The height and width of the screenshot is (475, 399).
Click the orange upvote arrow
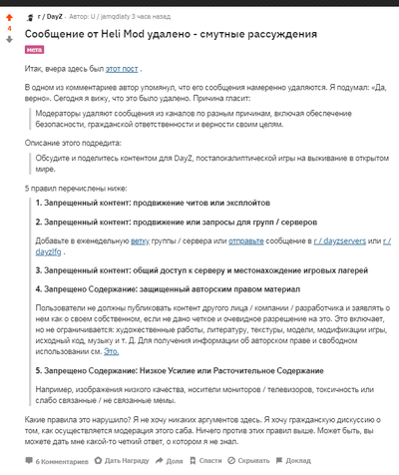point(10,17)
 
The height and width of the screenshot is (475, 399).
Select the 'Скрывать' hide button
point(254,461)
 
